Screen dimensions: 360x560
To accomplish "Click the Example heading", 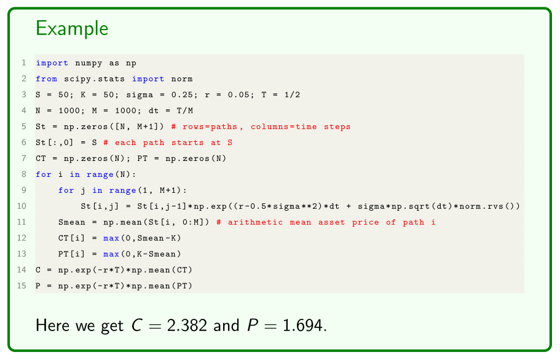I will [x=72, y=28].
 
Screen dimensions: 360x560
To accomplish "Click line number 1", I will [x=23, y=63].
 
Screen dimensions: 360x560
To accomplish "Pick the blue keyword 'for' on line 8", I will [x=43, y=174].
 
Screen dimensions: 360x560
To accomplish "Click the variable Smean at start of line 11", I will [x=72, y=222].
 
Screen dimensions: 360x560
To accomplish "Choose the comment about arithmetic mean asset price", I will [x=326, y=222].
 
